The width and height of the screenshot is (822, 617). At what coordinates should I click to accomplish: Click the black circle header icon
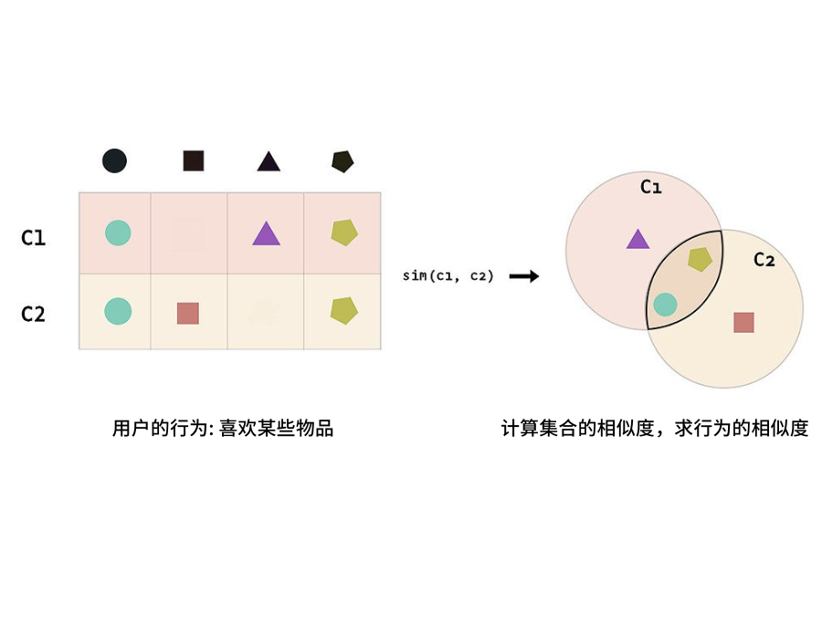pos(114,161)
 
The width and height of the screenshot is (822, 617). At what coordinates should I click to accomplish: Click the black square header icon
pos(193,161)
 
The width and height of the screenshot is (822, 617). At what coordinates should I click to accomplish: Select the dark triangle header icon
pos(268,162)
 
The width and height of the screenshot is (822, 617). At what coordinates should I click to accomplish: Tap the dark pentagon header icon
pos(342,161)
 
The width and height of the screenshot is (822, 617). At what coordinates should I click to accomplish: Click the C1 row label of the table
pos(34,238)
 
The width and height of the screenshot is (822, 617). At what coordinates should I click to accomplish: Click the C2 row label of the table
pos(34,314)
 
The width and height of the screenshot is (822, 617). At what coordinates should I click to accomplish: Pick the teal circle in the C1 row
pos(117,233)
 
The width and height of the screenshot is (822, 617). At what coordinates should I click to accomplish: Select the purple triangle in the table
pos(266,234)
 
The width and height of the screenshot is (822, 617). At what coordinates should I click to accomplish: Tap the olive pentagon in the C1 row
pos(343,233)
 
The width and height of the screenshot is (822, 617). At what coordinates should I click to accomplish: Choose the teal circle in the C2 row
pos(117,311)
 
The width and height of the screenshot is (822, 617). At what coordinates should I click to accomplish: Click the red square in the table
pos(187,313)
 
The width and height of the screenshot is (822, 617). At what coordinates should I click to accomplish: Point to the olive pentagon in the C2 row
pos(343,311)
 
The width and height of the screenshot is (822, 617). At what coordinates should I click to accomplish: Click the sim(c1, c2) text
pos(448,275)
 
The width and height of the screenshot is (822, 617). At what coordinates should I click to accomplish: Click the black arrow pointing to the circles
pos(523,275)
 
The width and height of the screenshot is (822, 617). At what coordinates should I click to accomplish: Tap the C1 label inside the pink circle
pos(650,187)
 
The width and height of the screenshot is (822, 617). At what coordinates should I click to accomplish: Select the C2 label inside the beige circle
pos(764,260)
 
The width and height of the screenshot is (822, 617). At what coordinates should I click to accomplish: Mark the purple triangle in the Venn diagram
pos(638,239)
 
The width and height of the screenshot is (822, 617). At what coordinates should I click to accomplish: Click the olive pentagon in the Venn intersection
pos(700,259)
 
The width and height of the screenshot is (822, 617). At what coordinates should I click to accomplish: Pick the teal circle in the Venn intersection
pos(666,304)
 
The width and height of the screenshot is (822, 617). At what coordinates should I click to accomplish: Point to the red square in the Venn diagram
pos(743,322)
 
